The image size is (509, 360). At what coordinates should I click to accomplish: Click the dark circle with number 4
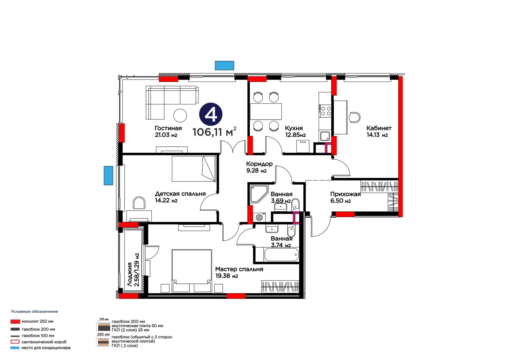coord(211,114)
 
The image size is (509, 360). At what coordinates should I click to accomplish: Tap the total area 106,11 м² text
coord(214,132)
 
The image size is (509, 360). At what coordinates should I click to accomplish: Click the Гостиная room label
coord(168,128)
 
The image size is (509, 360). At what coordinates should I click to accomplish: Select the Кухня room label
coord(294,128)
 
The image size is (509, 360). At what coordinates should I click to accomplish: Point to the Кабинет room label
coord(379,128)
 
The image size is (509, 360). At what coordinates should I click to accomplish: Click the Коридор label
coord(259,164)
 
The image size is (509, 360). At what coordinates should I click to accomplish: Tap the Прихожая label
coord(345,194)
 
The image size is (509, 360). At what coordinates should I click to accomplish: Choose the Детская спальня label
coord(180,194)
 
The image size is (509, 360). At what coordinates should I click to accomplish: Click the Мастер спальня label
coord(239,269)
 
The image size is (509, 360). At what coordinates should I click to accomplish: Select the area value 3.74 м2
coord(281,245)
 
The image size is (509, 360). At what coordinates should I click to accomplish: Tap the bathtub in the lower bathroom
coord(281,255)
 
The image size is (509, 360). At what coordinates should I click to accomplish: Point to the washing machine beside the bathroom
coord(259,217)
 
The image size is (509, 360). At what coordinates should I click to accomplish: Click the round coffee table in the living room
coord(180,115)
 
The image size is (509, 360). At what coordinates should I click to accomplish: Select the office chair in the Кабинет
coord(354,117)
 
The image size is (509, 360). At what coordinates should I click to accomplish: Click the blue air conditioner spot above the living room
coord(225,66)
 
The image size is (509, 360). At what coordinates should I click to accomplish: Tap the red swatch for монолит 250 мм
coord(15,321)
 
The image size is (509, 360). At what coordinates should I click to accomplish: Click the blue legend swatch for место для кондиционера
coord(15,348)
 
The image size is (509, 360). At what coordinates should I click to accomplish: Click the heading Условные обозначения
coord(35,312)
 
